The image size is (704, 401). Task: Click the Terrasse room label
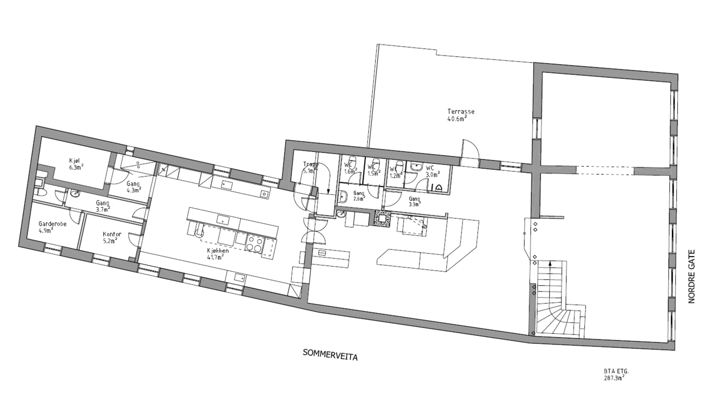point(461,115)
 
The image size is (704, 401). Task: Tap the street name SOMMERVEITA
point(330,354)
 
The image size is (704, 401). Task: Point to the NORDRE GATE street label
point(691,276)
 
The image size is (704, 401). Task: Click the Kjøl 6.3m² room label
point(76,163)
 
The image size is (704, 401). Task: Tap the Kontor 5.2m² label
point(111,237)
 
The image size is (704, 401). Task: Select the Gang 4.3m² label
point(133,187)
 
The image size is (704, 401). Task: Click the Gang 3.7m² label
point(103,206)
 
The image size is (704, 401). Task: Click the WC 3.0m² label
point(433,171)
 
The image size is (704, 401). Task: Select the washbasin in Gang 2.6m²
point(343,196)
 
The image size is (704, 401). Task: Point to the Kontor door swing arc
point(136,240)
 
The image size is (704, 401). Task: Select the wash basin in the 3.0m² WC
point(415,166)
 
